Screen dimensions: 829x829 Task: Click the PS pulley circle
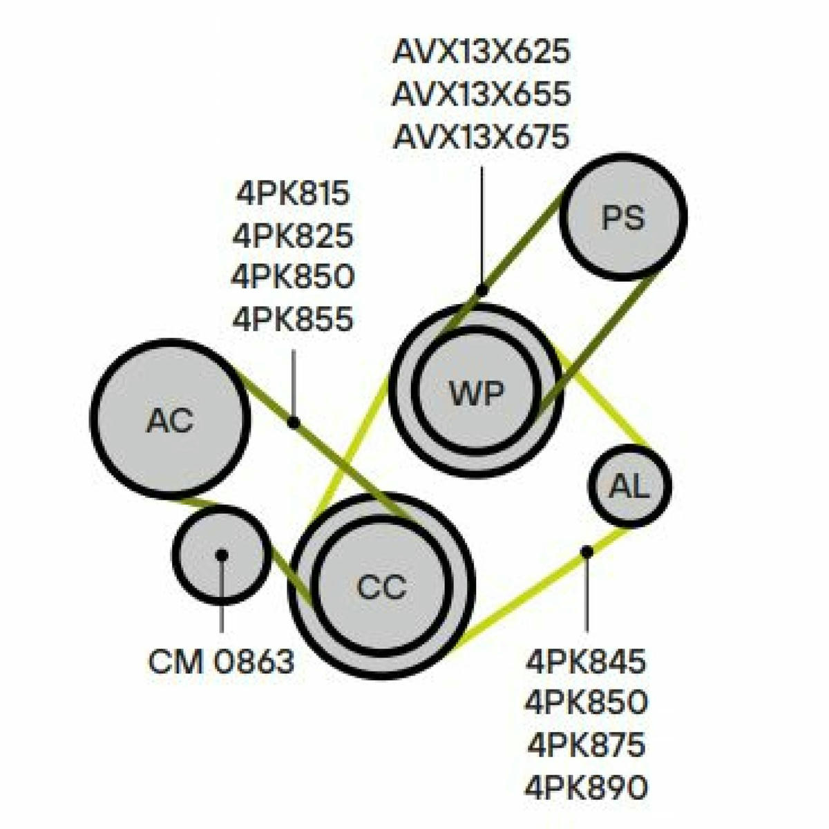click(623, 217)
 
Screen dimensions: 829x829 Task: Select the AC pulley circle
click(171, 420)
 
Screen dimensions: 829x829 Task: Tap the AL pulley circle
click(629, 486)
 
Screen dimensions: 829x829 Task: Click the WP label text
click(476, 393)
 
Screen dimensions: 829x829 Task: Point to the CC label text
click(382, 587)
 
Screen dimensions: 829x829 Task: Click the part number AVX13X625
click(482, 52)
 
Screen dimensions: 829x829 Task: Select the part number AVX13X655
click(482, 94)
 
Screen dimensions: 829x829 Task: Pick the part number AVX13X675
click(482, 136)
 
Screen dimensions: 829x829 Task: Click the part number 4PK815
click(294, 193)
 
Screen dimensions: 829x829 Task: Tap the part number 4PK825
click(293, 236)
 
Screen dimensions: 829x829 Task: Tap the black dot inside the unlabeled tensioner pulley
click(222, 555)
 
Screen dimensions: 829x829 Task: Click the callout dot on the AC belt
click(293, 423)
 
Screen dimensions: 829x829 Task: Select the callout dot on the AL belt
click(587, 551)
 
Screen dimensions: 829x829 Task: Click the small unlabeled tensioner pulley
click(222, 555)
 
